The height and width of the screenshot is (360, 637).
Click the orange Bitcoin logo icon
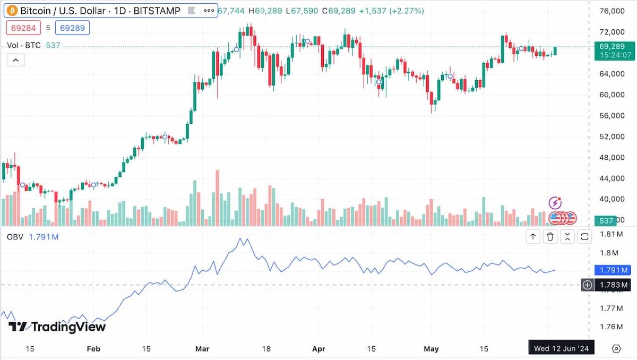tap(12, 11)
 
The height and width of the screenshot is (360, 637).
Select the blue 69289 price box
tap(72, 28)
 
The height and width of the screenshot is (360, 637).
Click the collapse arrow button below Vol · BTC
tap(15, 60)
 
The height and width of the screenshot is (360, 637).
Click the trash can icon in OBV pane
tap(550, 237)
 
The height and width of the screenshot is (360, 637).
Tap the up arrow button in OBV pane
tap(533, 237)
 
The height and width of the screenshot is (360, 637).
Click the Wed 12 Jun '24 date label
tap(561, 348)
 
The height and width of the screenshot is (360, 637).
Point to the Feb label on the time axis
tap(93, 349)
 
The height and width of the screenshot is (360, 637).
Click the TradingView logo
tap(57, 327)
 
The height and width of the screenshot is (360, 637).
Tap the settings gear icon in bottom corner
tap(616, 348)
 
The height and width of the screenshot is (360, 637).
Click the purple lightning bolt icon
tap(555, 202)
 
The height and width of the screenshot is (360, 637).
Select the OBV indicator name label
tap(15, 237)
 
